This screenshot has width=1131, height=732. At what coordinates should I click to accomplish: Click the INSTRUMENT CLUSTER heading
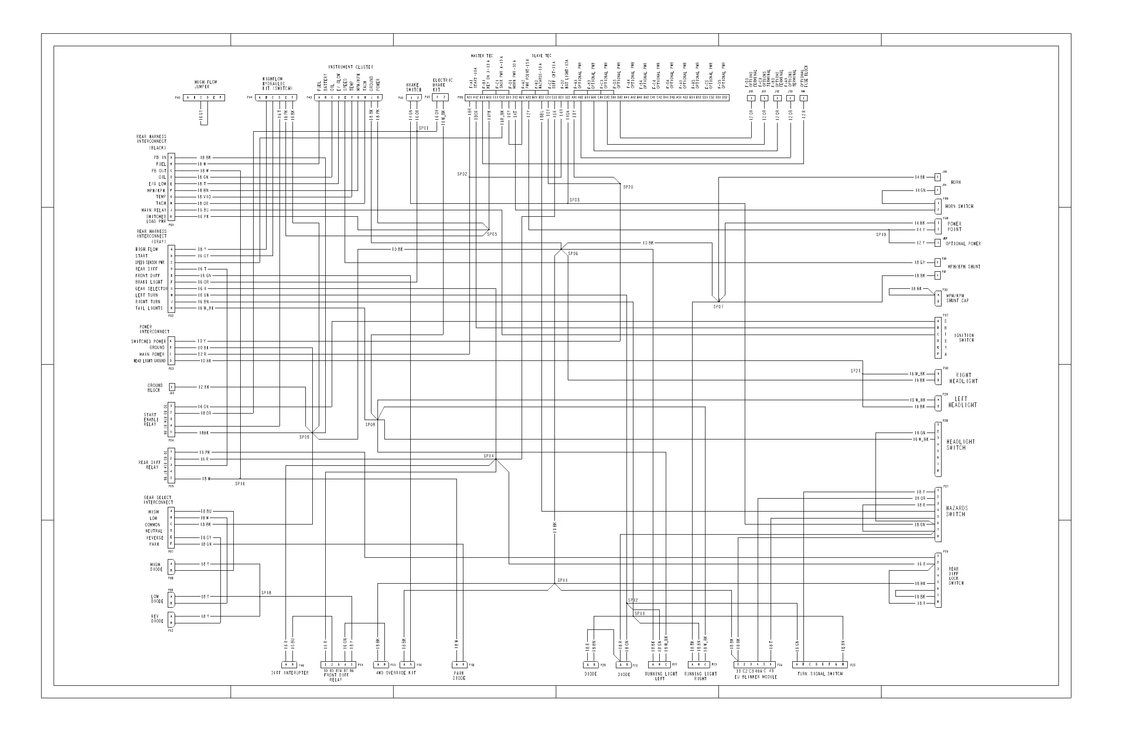pos(351,67)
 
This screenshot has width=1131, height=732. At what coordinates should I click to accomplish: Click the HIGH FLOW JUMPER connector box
pos(204,98)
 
